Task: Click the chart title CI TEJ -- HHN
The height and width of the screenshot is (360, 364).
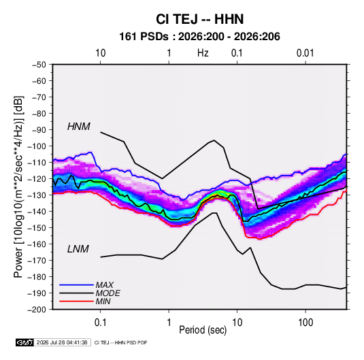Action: coord(199,19)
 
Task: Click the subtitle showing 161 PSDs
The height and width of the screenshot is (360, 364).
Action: coord(199,37)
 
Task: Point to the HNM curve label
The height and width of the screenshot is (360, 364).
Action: coord(79,127)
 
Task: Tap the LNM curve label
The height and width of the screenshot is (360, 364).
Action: coord(78,249)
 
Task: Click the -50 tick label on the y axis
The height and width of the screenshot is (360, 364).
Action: coord(39,65)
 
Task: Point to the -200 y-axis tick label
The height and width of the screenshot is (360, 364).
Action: coord(37,310)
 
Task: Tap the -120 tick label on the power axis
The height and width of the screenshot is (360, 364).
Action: coord(37,179)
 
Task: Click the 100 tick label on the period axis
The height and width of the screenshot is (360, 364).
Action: coord(305,323)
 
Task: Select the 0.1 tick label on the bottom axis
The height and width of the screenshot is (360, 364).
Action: coord(100,323)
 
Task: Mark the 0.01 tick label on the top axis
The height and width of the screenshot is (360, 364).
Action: coord(305,53)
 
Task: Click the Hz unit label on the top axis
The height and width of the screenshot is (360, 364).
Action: coord(203,53)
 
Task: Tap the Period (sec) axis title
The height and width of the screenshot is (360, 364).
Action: coord(203,330)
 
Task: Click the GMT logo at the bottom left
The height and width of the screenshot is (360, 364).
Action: coord(24,342)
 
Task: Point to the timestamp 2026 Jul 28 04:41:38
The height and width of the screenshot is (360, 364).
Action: coord(62,342)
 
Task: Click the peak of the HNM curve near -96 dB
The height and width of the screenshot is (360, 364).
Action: coord(214,140)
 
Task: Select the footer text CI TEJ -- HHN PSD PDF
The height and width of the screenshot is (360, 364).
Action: coord(120,342)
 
